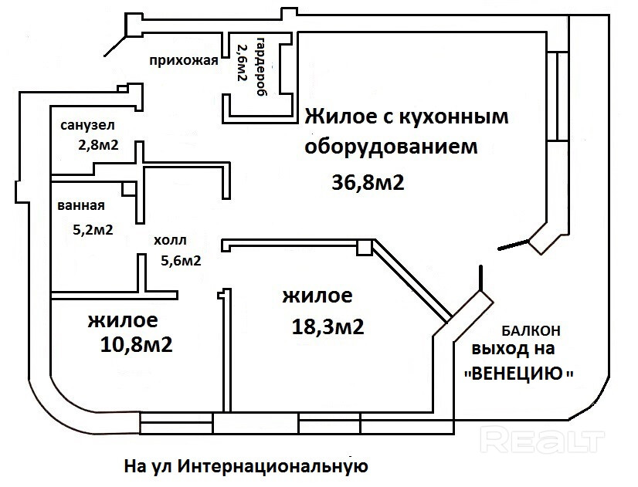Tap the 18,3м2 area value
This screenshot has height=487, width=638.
327,326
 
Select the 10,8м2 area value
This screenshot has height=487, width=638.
136,343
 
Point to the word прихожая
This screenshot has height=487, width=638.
185,62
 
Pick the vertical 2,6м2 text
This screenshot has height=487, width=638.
241,63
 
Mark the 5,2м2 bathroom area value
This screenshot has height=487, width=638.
93,229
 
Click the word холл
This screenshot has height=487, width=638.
170,240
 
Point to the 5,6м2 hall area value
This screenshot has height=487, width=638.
181,260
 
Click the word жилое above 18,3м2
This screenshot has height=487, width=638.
317,295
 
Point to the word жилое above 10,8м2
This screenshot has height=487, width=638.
123,319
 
